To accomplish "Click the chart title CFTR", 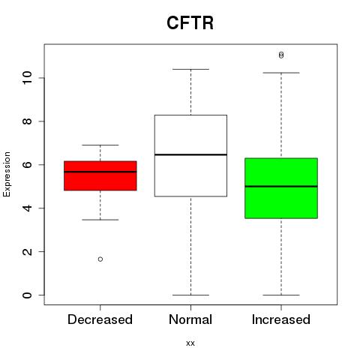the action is pyautogui.click(x=190, y=22).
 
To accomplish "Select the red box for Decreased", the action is pyautogui.click(x=100, y=175).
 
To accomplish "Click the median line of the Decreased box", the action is pyautogui.click(x=100, y=172).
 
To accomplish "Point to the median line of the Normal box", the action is pyautogui.click(x=190, y=154).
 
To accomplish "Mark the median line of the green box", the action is pyautogui.click(x=281, y=186).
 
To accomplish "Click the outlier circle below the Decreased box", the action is pyautogui.click(x=100, y=259).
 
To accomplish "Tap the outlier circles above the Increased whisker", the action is pyautogui.click(x=281, y=55).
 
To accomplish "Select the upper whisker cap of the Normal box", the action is pyautogui.click(x=190, y=69).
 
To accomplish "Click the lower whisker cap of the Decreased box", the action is pyautogui.click(x=100, y=220).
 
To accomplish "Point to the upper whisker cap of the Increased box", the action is pyautogui.click(x=281, y=73).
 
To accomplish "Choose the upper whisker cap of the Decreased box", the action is pyautogui.click(x=100, y=145).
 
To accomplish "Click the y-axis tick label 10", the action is pyautogui.click(x=27, y=78).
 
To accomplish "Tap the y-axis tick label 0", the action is pyautogui.click(x=27, y=295).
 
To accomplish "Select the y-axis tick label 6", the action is pyautogui.click(x=27, y=165).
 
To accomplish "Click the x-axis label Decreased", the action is pyautogui.click(x=100, y=319).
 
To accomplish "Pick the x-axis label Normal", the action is pyautogui.click(x=190, y=319).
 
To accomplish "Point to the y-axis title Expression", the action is pyautogui.click(x=7, y=174).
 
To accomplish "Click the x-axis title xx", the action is pyautogui.click(x=190, y=343).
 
